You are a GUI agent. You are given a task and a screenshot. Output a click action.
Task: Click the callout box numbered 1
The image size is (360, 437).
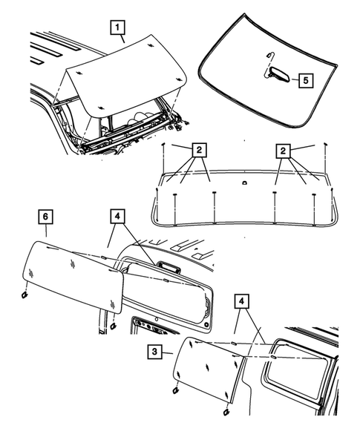click(x=117, y=27)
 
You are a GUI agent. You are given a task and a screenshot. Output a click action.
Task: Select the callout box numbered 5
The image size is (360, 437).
click(x=306, y=81)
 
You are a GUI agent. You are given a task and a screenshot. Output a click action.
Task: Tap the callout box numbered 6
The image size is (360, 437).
click(x=46, y=216)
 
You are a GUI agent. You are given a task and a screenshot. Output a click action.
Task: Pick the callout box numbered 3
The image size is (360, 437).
click(x=155, y=352)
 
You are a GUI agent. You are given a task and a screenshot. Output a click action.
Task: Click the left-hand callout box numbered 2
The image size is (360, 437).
click(x=199, y=151)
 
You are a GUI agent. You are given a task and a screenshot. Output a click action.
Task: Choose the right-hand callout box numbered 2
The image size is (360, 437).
click(x=283, y=151)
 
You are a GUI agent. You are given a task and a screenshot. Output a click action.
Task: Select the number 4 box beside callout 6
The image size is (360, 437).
click(x=117, y=216)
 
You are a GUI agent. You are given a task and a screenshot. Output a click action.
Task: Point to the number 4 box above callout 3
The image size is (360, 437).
click(x=241, y=301)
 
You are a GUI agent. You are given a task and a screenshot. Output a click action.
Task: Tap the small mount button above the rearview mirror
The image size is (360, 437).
click(x=269, y=53)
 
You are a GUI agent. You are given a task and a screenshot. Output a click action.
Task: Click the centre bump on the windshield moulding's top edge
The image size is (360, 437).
click(x=244, y=183)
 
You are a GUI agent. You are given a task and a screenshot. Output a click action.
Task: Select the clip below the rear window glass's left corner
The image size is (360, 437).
click(x=24, y=295)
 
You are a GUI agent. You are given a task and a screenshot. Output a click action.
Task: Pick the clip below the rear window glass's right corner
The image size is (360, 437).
click(x=114, y=325)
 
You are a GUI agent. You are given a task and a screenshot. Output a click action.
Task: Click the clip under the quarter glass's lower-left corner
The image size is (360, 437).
click(x=175, y=391)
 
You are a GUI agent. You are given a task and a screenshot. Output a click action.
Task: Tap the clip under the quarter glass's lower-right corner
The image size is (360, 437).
click(x=226, y=412)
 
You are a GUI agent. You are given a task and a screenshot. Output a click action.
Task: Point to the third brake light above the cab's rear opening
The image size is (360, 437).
click(x=168, y=266)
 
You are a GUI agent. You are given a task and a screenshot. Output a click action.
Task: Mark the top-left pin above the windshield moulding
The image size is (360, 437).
click(x=164, y=144)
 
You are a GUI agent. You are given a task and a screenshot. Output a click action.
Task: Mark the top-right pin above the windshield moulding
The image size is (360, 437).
click(x=325, y=144)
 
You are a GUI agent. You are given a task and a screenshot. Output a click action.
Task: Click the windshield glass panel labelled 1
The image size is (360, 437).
click(x=125, y=76)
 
